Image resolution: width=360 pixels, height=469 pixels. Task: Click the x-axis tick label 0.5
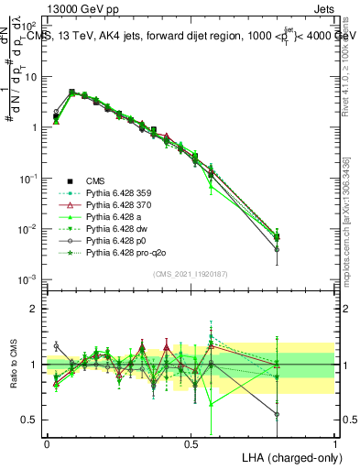point(191,442)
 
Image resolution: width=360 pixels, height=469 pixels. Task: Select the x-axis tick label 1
point(334,442)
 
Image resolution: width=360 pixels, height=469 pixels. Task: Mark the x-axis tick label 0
point(47,442)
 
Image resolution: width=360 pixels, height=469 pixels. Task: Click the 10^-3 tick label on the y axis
point(27,278)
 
